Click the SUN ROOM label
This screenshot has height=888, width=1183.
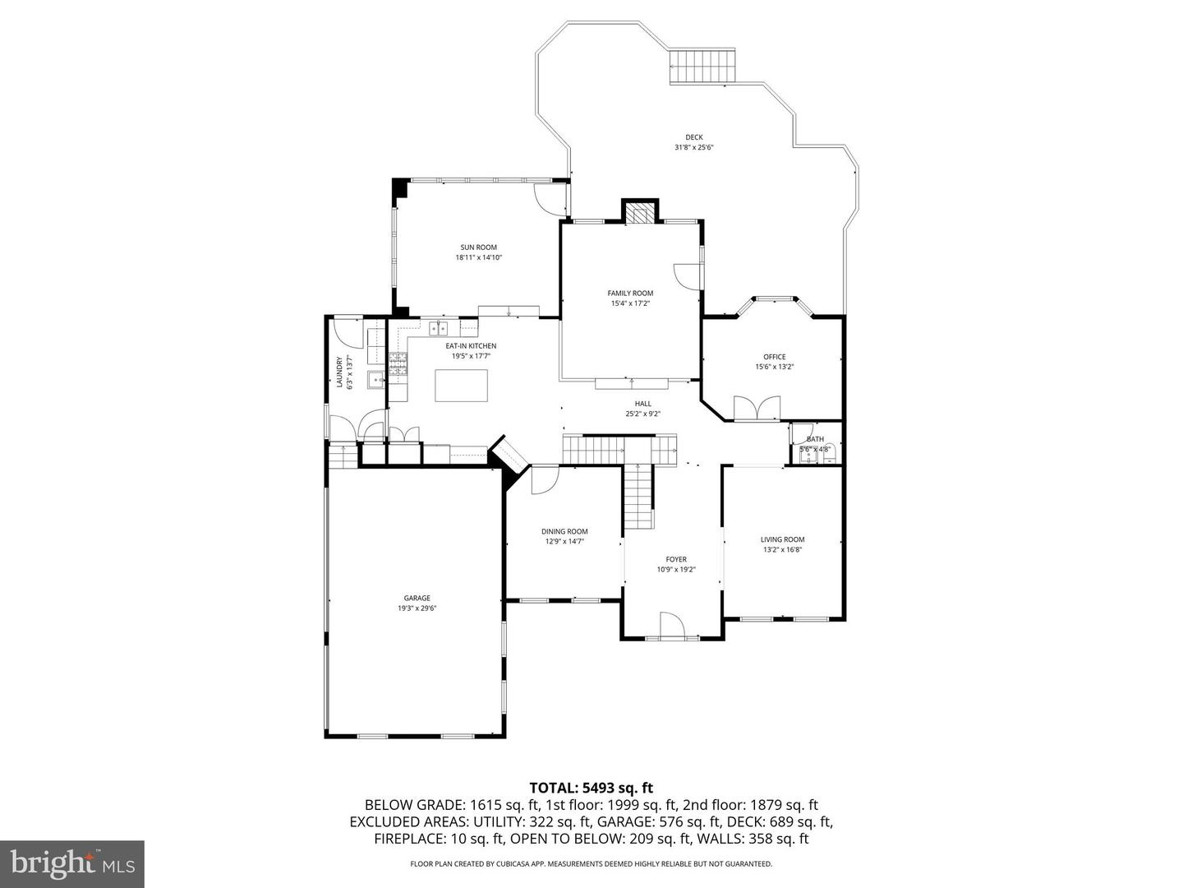(x=478, y=247)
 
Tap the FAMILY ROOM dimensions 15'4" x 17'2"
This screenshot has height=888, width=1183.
(x=630, y=303)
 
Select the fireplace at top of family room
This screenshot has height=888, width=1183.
(x=639, y=213)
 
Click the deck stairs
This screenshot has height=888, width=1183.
(x=702, y=67)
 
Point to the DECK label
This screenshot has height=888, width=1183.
(x=694, y=137)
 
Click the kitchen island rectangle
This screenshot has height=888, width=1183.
(x=461, y=386)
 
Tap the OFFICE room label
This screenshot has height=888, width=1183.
(x=774, y=357)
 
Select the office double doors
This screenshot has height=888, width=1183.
(x=757, y=409)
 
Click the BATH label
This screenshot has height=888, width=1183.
(x=815, y=439)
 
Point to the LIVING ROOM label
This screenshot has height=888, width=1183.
(x=782, y=539)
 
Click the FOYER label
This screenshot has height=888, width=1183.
(x=676, y=559)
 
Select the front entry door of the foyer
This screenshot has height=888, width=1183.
(x=672, y=625)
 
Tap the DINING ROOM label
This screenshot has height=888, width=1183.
(x=564, y=531)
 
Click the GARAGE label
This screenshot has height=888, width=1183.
(x=417, y=599)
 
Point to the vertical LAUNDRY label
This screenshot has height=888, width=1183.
(x=338, y=372)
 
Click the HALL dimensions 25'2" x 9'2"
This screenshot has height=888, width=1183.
(x=642, y=414)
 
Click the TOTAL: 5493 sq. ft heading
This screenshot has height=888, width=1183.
(x=591, y=788)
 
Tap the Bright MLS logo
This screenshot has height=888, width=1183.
(x=71, y=863)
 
